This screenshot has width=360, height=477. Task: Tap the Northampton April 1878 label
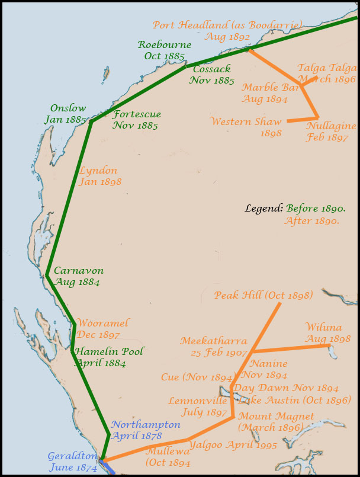[x=145, y=430]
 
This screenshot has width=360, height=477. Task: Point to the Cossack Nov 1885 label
[x=211, y=75]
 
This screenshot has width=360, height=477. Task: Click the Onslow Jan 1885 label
[x=67, y=114]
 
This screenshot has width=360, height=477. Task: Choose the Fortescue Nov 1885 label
[x=136, y=120]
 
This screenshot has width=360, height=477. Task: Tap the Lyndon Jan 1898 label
[x=99, y=176]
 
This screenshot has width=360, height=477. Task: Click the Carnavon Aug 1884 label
[x=78, y=276]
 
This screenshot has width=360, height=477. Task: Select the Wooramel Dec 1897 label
[x=102, y=328]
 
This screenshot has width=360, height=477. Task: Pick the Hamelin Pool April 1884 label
[x=109, y=357]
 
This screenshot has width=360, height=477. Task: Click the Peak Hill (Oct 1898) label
[x=263, y=295]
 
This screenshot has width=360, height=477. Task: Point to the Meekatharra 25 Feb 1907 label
[x=213, y=347]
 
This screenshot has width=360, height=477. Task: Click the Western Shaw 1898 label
[x=246, y=127]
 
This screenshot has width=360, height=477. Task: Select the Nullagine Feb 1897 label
[x=330, y=132]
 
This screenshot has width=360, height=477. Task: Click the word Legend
[x=263, y=209]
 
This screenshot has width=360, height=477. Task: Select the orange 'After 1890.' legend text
[x=311, y=221]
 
